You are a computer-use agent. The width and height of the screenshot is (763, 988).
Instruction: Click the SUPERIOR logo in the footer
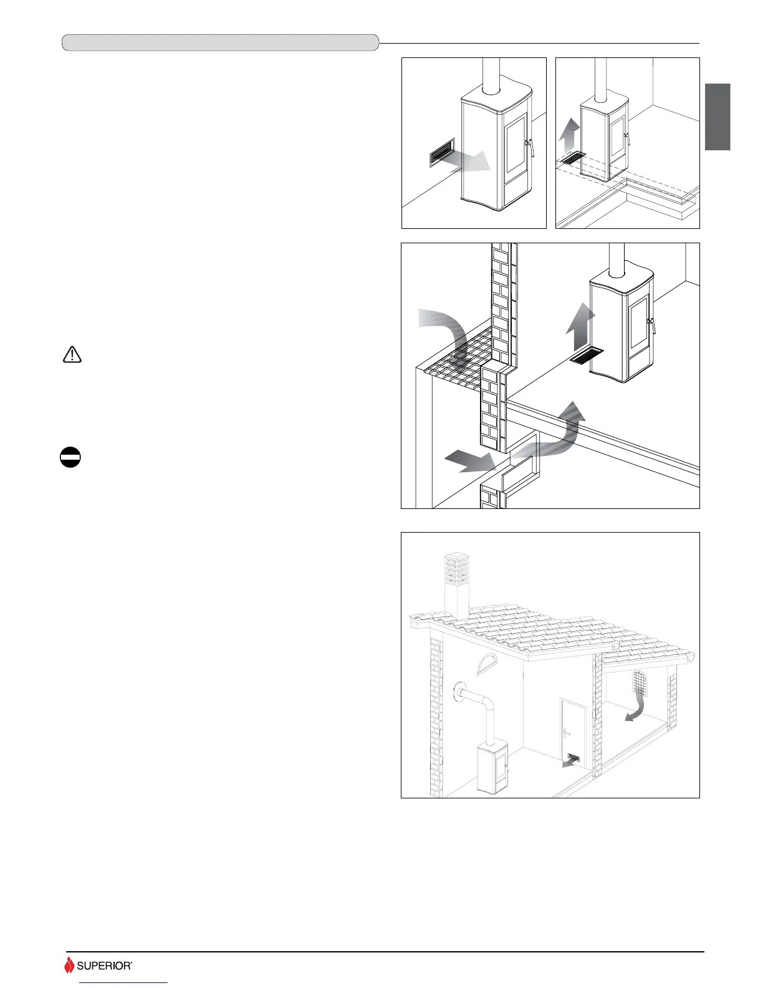98,966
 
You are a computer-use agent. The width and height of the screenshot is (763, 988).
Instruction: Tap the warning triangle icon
73,354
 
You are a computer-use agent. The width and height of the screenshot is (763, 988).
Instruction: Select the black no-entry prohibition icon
70,458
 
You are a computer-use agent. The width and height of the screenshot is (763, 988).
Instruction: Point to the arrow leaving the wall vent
474,160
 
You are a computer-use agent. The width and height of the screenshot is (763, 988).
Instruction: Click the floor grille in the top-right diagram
572,158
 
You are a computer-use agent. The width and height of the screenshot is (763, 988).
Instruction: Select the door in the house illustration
572,730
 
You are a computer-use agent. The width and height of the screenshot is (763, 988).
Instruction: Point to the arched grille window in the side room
641,684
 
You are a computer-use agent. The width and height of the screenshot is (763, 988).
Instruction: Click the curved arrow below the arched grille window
637,710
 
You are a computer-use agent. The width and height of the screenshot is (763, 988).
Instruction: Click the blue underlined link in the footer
124,983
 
